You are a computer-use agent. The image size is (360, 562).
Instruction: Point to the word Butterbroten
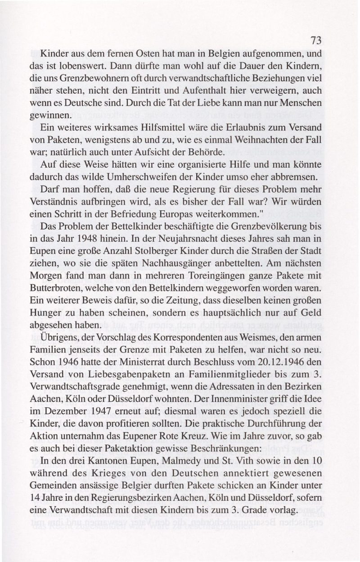(66, 286)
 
